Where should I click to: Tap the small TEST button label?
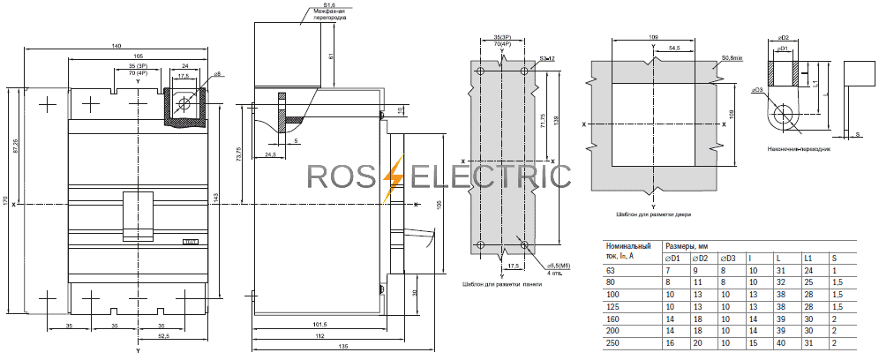[x=189, y=241]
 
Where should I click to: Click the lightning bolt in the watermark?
[x=395, y=176]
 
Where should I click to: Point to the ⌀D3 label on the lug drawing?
[x=756, y=89]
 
